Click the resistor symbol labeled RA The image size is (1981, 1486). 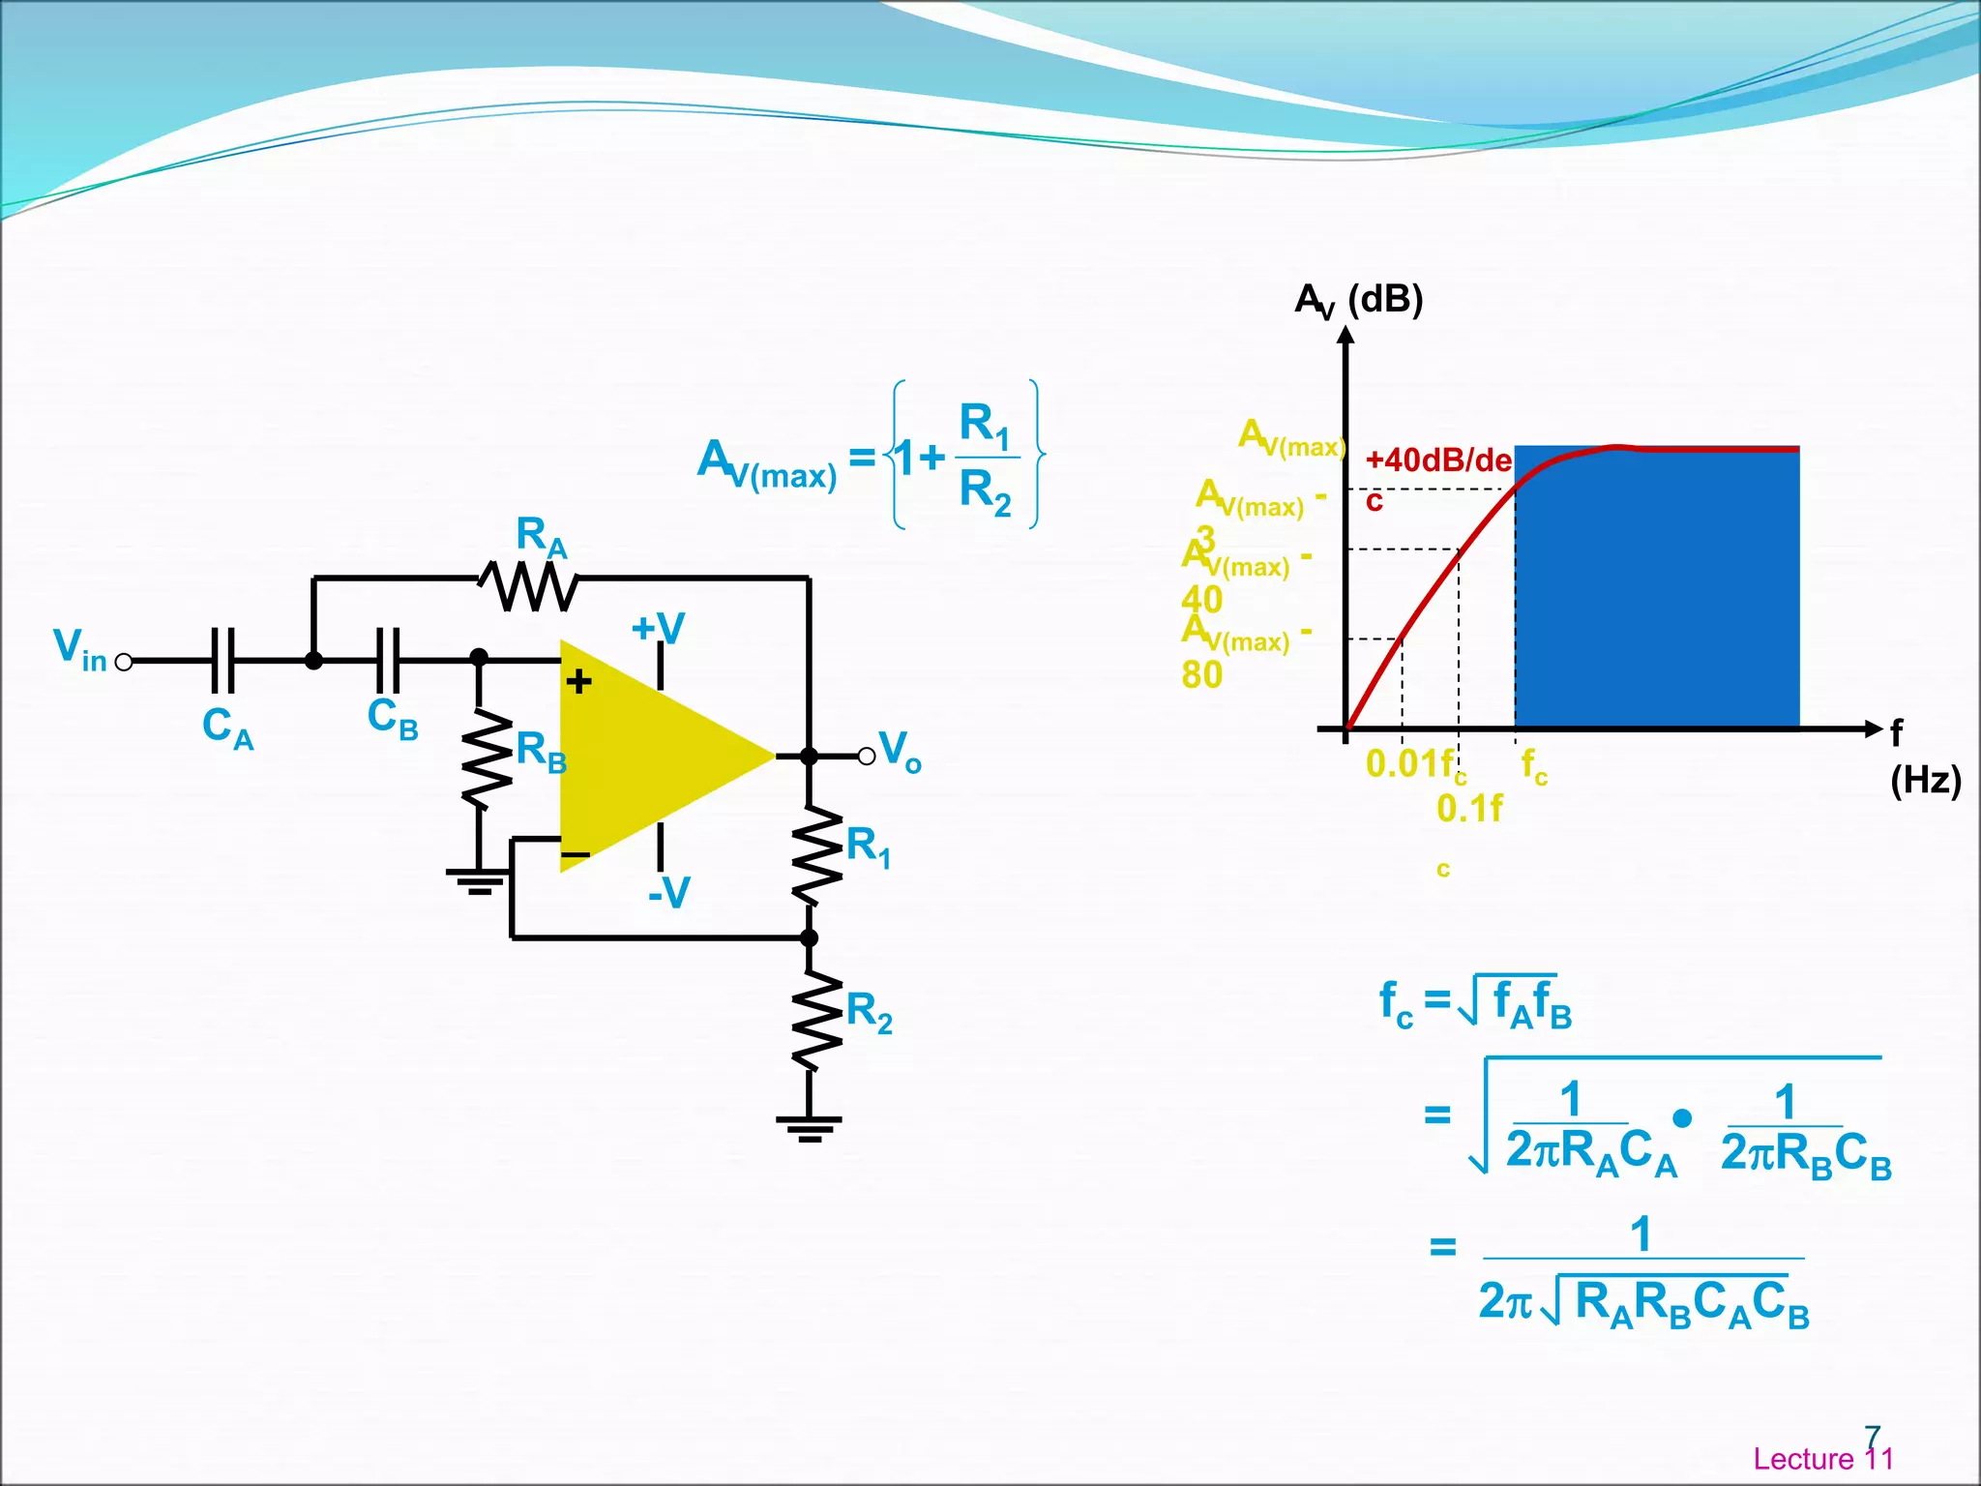(x=529, y=585)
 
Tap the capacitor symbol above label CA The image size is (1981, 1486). (x=222, y=661)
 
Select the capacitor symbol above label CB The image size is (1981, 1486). (x=388, y=661)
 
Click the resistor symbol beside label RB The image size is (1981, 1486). (x=480, y=760)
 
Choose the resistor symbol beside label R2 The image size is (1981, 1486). (x=811, y=1021)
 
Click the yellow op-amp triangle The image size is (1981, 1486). (x=648, y=756)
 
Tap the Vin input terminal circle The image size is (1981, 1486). (x=124, y=662)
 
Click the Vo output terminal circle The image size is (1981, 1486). (x=867, y=756)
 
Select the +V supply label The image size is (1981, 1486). (x=658, y=629)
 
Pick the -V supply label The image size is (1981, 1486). (x=668, y=892)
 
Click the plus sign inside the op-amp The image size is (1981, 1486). (x=579, y=682)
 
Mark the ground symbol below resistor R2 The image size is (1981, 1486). (x=810, y=1127)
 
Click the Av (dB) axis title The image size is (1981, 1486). (x=1358, y=300)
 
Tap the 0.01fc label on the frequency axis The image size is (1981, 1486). (x=1412, y=765)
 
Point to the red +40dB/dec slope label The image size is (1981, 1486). (x=1437, y=461)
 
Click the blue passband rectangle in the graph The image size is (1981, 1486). (x=1656, y=590)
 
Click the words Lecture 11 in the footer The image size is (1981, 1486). (x=1822, y=1458)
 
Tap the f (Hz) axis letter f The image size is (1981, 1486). (x=1896, y=732)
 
